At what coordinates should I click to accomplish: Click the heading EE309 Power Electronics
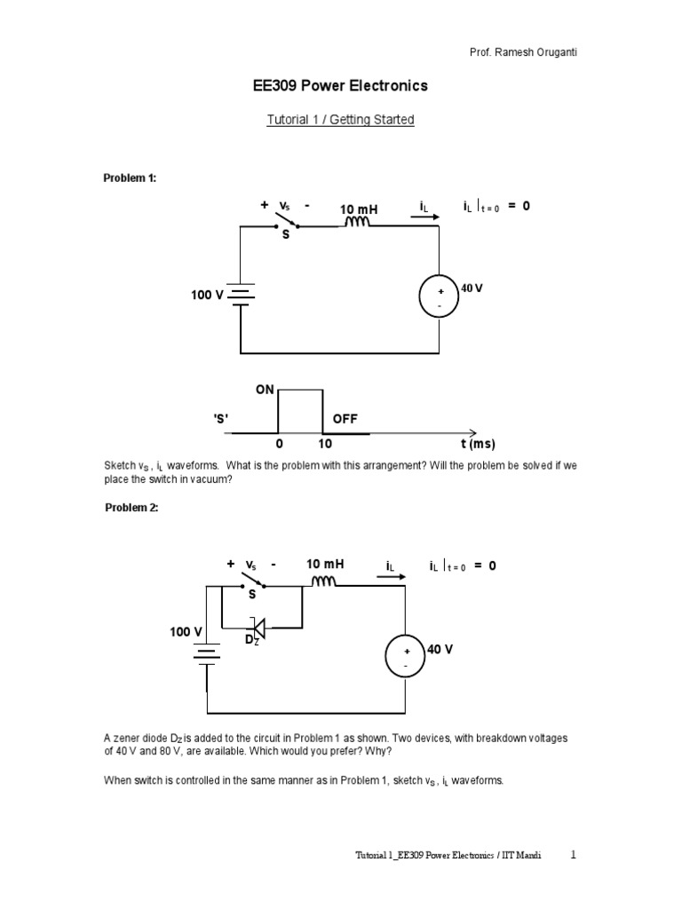[341, 86]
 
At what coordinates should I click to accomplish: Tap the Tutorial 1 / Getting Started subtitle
[341, 119]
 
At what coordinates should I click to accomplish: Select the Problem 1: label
[130, 178]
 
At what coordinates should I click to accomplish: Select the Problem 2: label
[131, 508]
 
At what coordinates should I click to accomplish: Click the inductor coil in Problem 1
[358, 223]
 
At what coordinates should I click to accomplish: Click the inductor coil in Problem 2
[322, 581]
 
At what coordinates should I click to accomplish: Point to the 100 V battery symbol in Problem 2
[208, 653]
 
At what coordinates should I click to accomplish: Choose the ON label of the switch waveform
[266, 391]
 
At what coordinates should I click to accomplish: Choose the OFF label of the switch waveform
[346, 418]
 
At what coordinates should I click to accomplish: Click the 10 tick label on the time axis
[325, 443]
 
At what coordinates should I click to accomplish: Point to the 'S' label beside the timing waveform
[222, 419]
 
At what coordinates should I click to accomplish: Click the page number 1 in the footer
[574, 855]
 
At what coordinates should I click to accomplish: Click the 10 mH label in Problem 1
[359, 209]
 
